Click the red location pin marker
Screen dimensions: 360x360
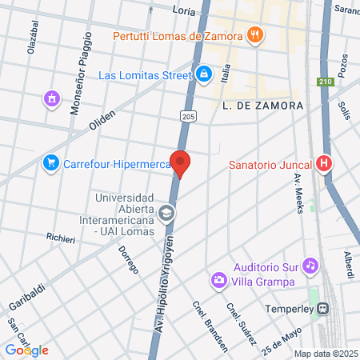[181, 163]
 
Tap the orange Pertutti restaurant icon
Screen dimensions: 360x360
[254, 34]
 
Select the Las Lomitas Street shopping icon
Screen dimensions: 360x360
[204, 74]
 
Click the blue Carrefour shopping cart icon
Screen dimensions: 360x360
[51, 163]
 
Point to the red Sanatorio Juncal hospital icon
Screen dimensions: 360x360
[324, 164]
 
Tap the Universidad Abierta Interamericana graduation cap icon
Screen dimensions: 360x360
[166, 213]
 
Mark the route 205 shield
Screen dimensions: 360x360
[186, 116]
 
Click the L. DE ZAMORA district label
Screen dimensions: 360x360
[263, 106]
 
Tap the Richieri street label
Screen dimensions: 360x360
[61, 238]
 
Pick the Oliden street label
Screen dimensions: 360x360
[102, 121]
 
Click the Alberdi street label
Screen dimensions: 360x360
[349, 265]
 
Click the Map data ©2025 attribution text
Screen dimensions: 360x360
[324, 354]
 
